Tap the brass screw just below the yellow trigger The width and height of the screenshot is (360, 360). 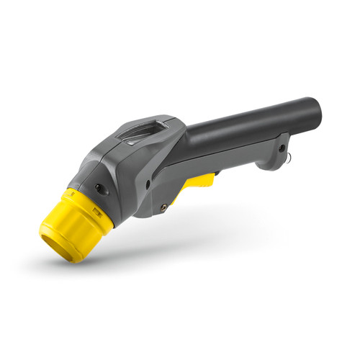[165, 207]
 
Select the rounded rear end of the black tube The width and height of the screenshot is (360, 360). [314, 109]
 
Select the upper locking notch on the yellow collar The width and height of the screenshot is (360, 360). [72, 194]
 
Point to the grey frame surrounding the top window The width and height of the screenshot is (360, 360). [163, 122]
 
